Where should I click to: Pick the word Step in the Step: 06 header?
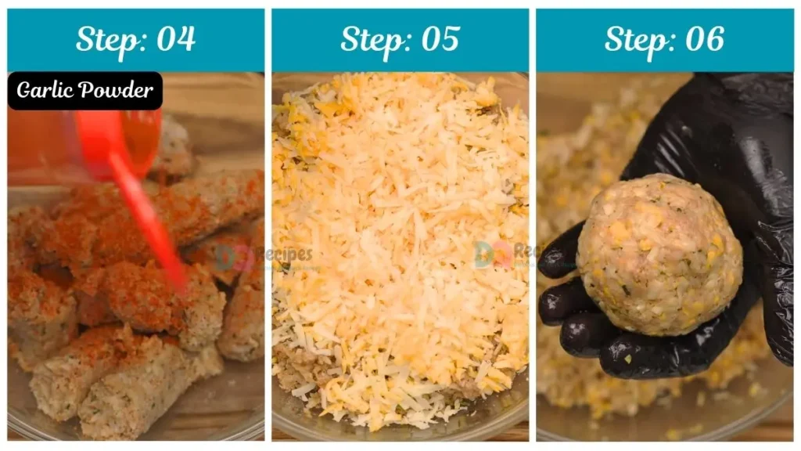[x=631, y=39]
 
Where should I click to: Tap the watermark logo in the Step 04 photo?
[x=227, y=255]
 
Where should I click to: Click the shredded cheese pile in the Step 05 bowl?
[x=399, y=227]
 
